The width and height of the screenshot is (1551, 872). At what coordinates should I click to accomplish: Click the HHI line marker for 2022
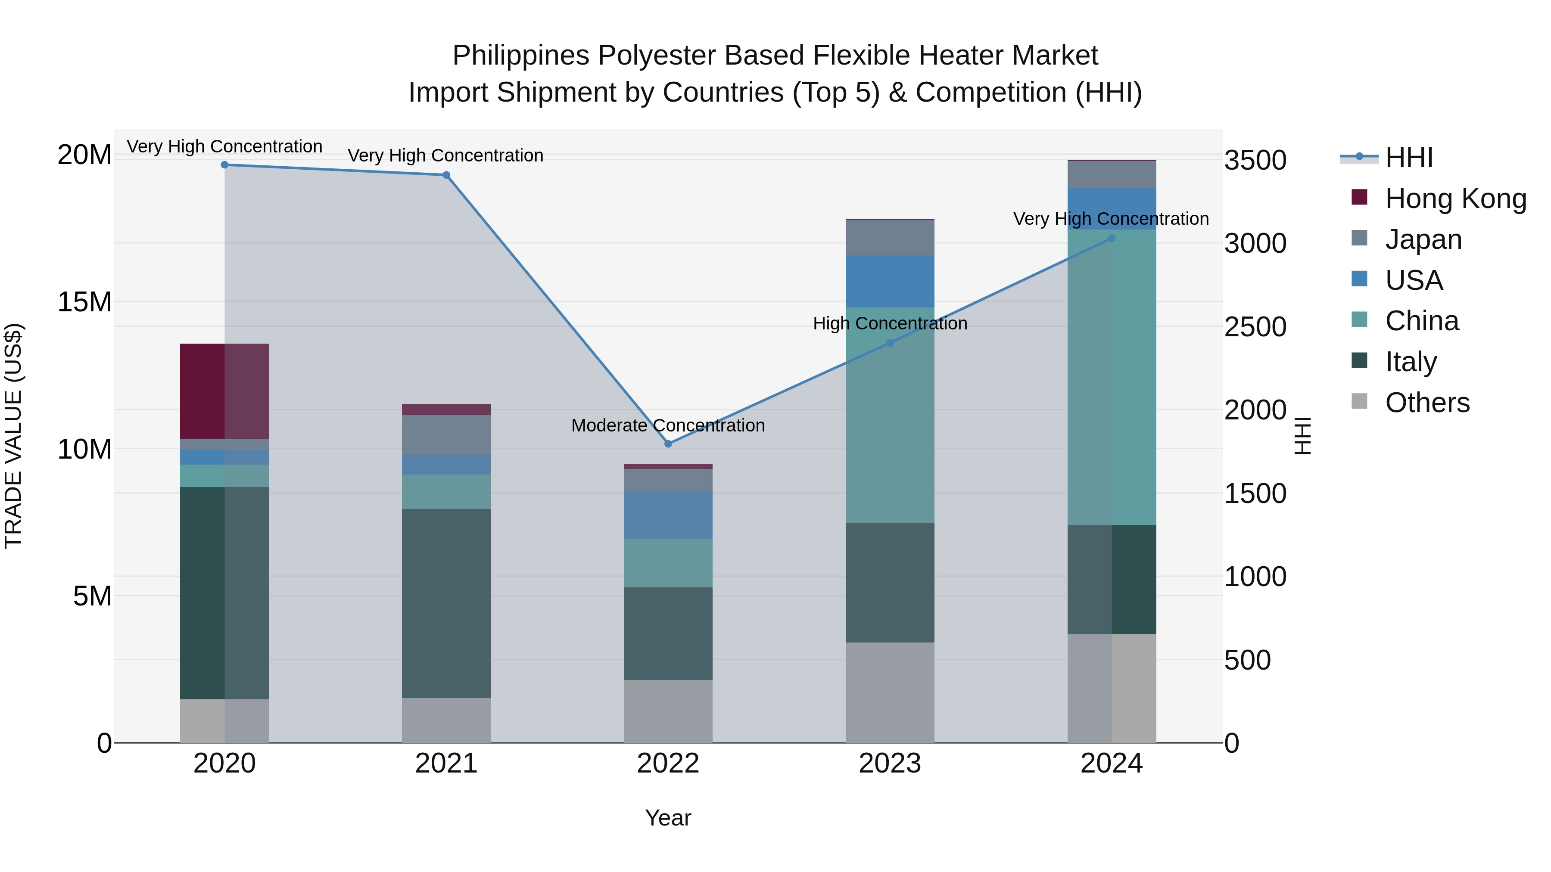(668, 444)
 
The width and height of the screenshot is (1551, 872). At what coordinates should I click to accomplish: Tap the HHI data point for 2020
(224, 165)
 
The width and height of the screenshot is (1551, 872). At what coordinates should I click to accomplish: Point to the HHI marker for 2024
(1112, 238)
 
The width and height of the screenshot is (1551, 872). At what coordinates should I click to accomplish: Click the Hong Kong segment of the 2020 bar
(224, 391)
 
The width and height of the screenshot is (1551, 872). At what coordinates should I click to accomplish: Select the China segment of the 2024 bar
(1112, 377)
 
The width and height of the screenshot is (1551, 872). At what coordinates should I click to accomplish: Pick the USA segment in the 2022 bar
(668, 516)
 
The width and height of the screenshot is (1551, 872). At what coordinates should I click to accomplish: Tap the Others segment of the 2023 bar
(890, 692)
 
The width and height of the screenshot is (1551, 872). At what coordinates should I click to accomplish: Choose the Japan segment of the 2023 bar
(890, 237)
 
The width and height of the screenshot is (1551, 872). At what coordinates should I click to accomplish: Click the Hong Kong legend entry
(1455, 199)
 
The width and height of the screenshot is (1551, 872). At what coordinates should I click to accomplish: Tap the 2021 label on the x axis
(446, 763)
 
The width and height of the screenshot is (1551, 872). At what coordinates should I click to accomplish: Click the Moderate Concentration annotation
(668, 425)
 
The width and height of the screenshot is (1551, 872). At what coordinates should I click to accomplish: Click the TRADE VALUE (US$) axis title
(13, 436)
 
